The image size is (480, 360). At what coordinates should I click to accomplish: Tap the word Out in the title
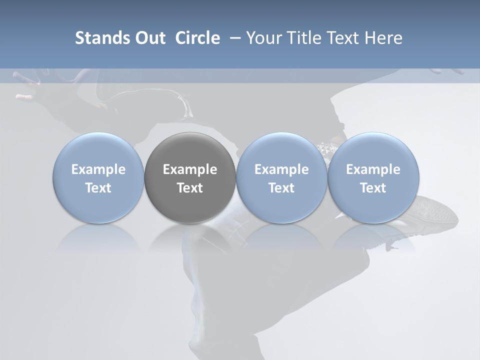coord(148,38)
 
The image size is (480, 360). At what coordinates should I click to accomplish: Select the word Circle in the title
coord(197,38)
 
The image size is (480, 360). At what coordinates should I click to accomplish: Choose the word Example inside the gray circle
coord(190,169)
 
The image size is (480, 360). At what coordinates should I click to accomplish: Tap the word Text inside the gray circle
coord(190,188)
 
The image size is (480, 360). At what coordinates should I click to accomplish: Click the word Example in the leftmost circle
coord(98,169)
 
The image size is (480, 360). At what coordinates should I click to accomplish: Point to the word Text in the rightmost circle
coord(373,188)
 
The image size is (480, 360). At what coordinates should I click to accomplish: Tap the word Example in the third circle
coord(281,169)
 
